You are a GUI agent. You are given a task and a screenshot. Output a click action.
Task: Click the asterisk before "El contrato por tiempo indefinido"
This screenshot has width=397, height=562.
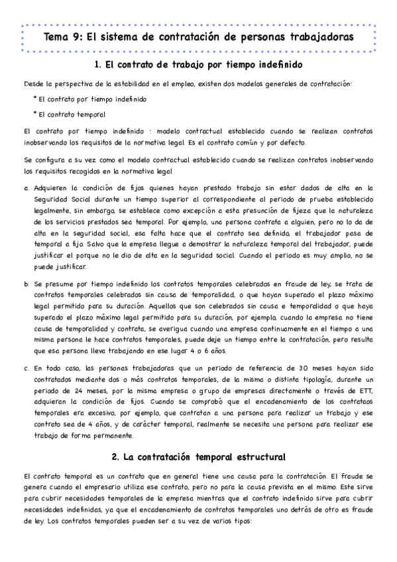tap(34, 99)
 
